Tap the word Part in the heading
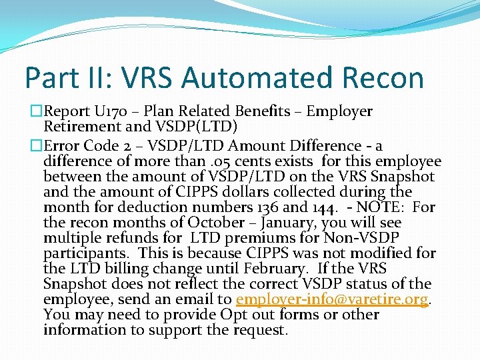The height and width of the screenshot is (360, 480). (x=49, y=77)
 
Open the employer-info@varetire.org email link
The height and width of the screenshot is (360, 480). (x=332, y=299)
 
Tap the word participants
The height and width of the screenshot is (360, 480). (x=87, y=253)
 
